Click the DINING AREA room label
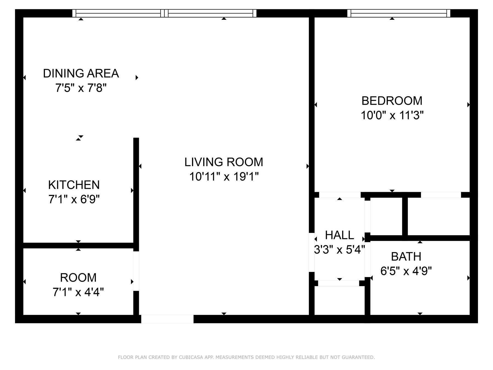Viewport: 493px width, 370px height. (x=81, y=73)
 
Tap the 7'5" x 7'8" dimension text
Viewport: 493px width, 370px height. (x=81, y=88)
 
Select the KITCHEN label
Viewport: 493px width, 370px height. (x=74, y=185)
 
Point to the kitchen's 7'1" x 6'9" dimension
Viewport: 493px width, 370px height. (x=74, y=200)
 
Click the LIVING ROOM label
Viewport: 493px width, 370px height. (x=224, y=162)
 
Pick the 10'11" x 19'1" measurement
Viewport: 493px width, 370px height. (x=224, y=177)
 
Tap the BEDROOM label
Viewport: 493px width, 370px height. (x=392, y=101)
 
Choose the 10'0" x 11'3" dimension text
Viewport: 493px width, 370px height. (x=392, y=115)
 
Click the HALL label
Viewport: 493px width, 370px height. (x=339, y=235)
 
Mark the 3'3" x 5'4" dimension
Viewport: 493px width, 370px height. (x=339, y=250)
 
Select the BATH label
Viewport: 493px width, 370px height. (x=406, y=257)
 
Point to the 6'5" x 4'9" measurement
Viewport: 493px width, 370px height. (x=406, y=271)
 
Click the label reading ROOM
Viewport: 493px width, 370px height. (x=78, y=278)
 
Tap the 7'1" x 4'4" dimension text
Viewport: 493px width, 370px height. (x=78, y=292)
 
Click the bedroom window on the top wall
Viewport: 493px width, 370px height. (x=399, y=13)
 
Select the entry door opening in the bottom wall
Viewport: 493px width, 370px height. (x=167, y=319)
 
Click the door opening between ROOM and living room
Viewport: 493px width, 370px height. (x=136, y=271)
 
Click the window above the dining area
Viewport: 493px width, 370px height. (x=118, y=13)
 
